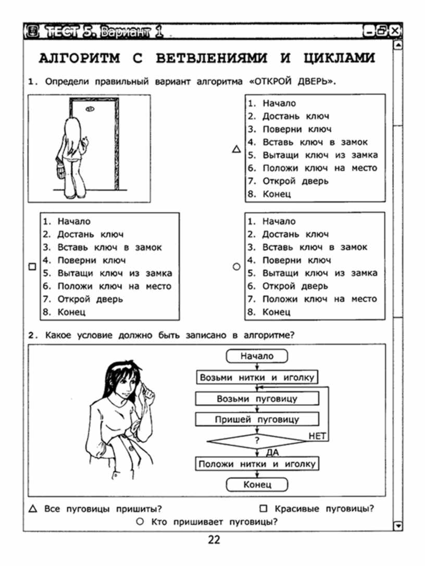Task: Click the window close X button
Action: pyautogui.click(x=395, y=31)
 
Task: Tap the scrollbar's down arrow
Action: pyautogui.click(x=398, y=525)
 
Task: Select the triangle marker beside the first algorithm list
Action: pyautogui.click(x=236, y=149)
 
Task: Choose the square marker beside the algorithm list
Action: pyautogui.click(x=32, y=267)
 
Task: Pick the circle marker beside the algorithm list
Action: pyautogui.click(x=236, y=267)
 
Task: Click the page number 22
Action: pyautogui.click(x=214, y=539)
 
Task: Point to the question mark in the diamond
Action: pyautogui.click(x=257, y=440)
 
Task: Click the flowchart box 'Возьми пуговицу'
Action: pyautogui.click(x=257, y=399)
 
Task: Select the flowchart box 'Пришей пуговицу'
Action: pyautogui.click(x=257, y=419)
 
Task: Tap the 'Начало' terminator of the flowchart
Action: pyautogui.click(x=257, y=356)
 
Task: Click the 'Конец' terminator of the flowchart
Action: pyautogui.click(x=257, y=485)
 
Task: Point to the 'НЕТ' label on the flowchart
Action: pyautogui.click(x=317, y=436)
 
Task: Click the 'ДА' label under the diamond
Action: pyautogui.click(x=272, y=452)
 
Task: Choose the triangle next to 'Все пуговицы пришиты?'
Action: pyautogui.click(x=33, y=509)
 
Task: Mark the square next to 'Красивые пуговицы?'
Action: pyautogui.click(x=264, y=509)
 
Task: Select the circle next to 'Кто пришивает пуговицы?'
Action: pyautogui.click(x=140, y=522)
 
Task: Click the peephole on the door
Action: pyautogui.click(x=90, y=109)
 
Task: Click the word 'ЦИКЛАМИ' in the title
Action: pyautogui.click(x=339, y=58)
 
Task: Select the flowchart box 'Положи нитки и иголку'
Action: pyautogui.click(x=257, y=464)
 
